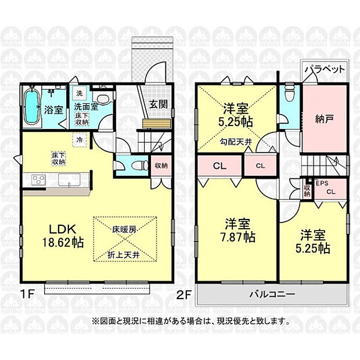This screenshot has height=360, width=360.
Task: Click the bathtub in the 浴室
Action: (33, 108)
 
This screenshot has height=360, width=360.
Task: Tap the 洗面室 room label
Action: (84, 107)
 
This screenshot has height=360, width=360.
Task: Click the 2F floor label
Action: (185, 294)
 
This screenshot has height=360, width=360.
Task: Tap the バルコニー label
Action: (273, 294)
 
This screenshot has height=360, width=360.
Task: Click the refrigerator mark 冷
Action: (78, 139)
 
